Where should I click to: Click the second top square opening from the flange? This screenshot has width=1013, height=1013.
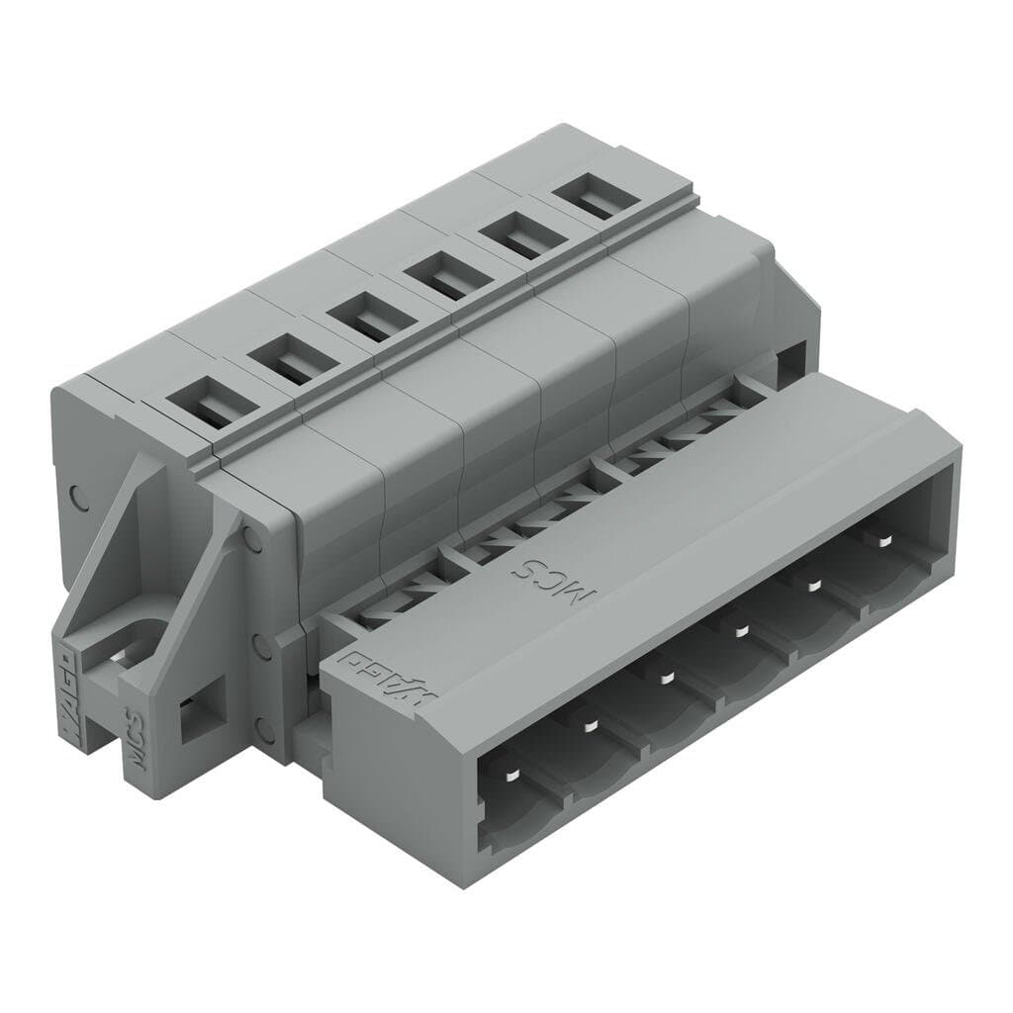[x=285, y=364]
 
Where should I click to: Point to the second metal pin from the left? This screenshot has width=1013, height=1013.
[x=590, y=726]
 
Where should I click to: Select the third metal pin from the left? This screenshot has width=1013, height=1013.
[x=665, y=679]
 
